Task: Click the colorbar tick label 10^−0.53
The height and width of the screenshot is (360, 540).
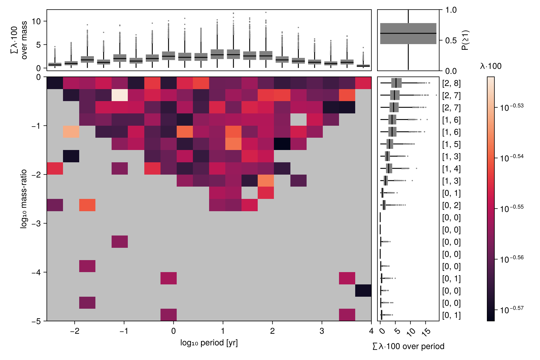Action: click(512, 107)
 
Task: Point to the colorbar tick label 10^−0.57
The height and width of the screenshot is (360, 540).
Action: click(512, 309)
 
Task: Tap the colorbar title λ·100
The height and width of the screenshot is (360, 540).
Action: click(491, 66)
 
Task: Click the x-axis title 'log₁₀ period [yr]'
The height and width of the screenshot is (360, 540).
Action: click(209, 343)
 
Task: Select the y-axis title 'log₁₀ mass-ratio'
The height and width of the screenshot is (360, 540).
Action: click(23, 199)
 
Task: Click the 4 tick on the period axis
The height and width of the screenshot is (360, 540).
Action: click(371, 331)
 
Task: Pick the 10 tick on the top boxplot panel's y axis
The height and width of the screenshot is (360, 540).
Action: click(36, 21)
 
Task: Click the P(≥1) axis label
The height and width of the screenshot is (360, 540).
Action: click(465, 40)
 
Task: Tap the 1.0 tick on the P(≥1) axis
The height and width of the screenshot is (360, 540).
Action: click(451, 10)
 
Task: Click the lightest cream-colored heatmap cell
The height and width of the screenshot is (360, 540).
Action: click(120, 95)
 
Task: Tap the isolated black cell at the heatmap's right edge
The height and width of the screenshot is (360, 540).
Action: click(363, 290)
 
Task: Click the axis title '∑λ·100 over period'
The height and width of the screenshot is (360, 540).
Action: click(408, 346)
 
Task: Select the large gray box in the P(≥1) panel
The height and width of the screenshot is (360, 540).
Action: click(408, 34)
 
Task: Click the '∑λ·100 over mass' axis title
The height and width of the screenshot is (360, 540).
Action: click(19, 40)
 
